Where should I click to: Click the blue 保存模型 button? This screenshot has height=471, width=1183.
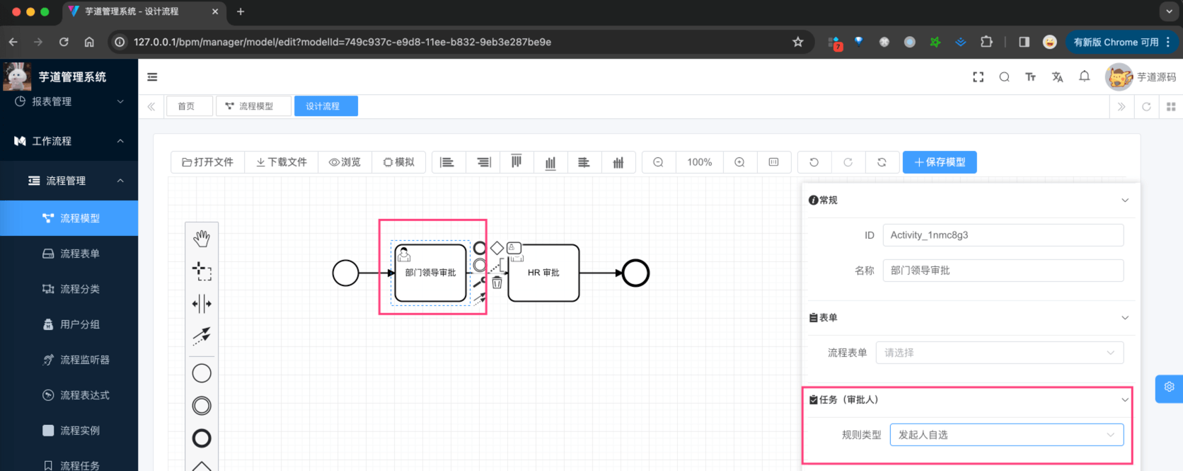[x=940, y=162]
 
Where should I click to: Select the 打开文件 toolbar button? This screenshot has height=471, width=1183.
[x=208, y=162]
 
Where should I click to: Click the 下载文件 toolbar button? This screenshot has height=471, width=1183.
[x=282, y=162]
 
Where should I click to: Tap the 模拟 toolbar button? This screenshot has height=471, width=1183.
[x=399, y=162]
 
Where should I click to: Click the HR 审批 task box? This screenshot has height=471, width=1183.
[x=543, y=273]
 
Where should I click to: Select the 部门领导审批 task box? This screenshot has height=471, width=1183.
[x=430, y=273]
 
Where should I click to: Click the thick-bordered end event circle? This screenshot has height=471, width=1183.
[x=635, y=273]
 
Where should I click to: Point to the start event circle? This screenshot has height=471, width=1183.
[x=345, y=273]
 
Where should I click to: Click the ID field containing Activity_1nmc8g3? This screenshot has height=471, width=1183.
[x=1003, y=235]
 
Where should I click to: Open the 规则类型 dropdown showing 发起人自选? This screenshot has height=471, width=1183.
[x=1006, y=435]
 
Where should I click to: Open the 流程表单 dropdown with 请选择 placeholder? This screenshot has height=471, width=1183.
[x=999, y=353]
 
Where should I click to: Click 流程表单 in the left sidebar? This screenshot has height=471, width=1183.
[x=79, y=254]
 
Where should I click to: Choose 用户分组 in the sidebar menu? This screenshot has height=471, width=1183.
[x=79, y=324]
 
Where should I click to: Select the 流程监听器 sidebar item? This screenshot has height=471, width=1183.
[x=84, y=360]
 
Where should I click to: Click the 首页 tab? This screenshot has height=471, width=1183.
[x=186, y=106]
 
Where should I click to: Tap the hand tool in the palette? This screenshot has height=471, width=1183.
[x=202, y=239]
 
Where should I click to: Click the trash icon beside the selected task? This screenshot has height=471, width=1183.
[x=497, y=283]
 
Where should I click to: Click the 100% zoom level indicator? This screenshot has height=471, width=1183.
[x=699, y=162]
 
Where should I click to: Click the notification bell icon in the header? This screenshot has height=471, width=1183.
[x=1084, y=76]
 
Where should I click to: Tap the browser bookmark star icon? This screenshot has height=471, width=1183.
[x=798, y=42]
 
